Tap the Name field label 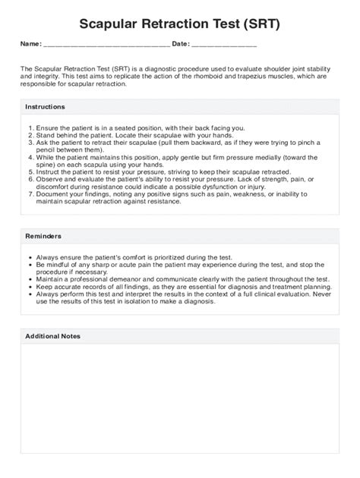pos(30,45)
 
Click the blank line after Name pos(106,46)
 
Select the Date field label pos(181,45)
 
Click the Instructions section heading pos(45,107)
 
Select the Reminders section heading pos(43,236)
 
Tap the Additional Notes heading pos(52,335)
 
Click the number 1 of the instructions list pos(29,128)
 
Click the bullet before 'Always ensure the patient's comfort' pos(30,258)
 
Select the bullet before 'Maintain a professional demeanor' pos(30,279)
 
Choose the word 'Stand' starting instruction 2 pos(44,135)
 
